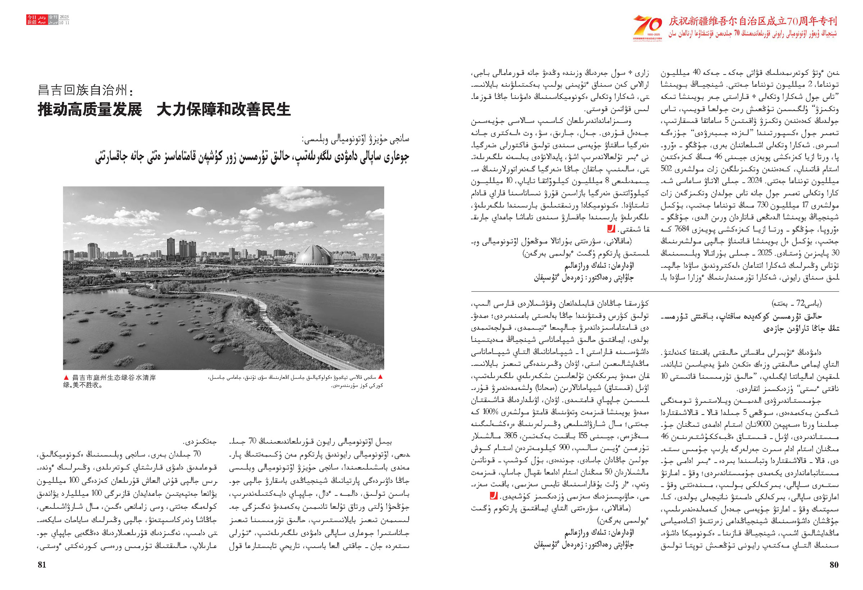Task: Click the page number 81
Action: [x=42, y=565]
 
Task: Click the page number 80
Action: [x=834, y=565]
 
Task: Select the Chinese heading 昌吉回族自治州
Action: [x=85, y=91]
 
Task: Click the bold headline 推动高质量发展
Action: [x=90, y=110]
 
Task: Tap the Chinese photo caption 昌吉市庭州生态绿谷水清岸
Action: [x=114, y=378]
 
